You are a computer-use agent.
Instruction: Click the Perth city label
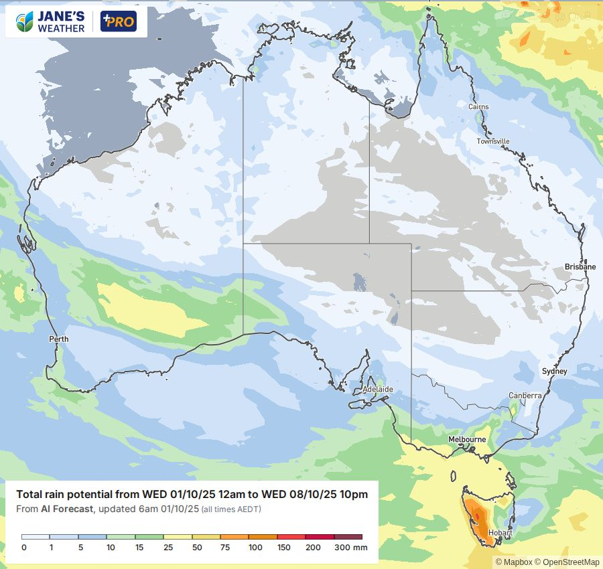(59, 339)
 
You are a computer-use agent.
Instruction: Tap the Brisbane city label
(580, 266)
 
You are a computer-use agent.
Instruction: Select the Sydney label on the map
(554, 371)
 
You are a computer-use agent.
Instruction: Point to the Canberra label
(525, 396)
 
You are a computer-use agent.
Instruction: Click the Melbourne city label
(467, 439)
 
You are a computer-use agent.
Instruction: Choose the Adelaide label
(377, 389)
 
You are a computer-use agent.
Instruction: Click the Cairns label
(478, 107)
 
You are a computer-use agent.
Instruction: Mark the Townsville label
(493, 141)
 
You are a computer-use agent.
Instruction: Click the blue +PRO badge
(118, 21)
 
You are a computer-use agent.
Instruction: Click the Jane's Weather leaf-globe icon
(25, 21)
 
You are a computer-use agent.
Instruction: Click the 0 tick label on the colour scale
(23, 548)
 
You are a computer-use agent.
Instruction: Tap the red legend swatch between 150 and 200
(291, 537)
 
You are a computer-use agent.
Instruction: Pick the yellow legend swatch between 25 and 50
(177, 537)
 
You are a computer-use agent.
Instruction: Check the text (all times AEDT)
(231, 510)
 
